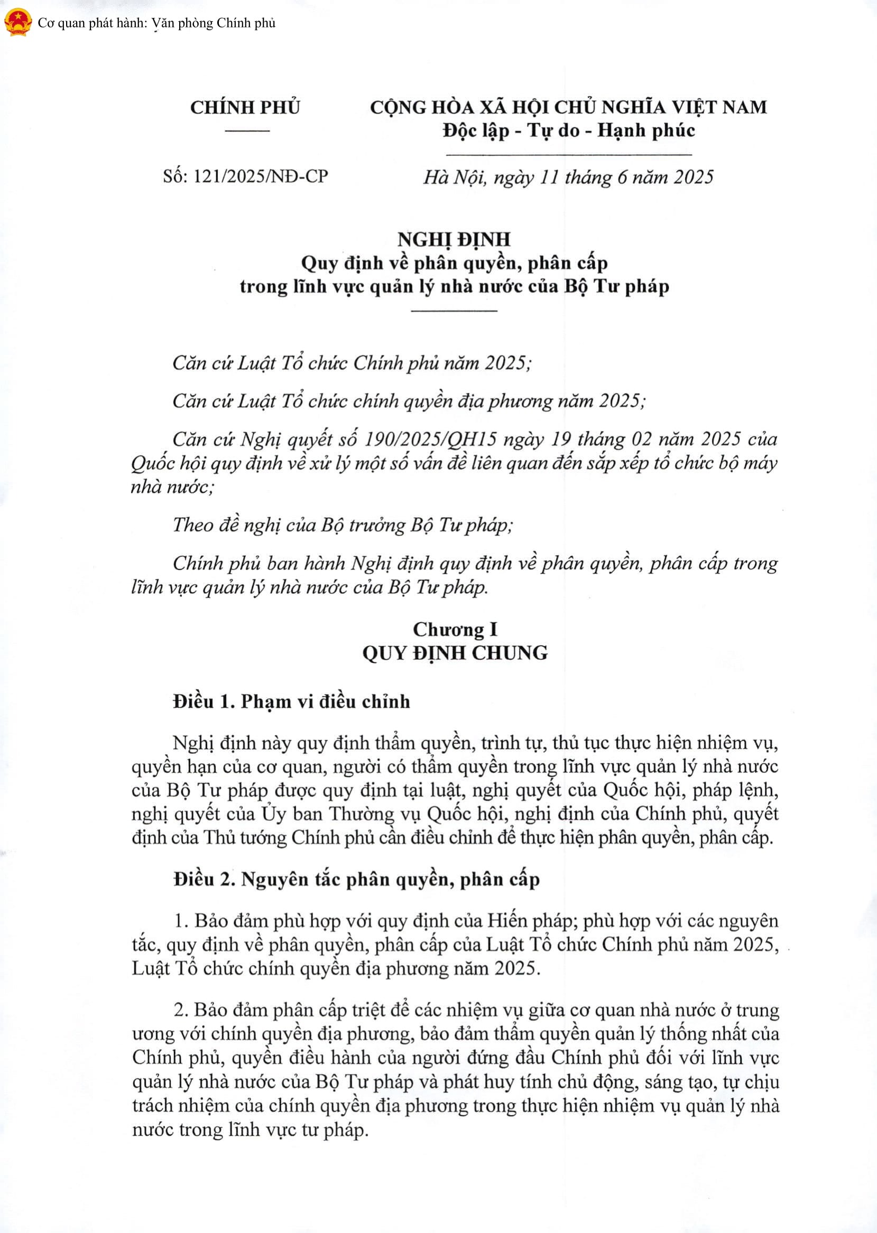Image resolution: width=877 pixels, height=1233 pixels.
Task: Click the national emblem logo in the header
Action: [18, 23]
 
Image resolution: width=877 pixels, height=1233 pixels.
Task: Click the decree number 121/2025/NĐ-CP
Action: [260, 176]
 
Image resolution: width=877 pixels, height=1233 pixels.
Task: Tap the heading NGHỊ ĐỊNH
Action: [454, 239]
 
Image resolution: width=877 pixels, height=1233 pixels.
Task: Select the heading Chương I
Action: [455, 629]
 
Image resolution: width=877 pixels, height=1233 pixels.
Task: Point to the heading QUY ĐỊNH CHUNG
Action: [455, 653]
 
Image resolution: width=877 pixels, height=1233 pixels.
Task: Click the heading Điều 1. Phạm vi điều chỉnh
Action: [291, 702]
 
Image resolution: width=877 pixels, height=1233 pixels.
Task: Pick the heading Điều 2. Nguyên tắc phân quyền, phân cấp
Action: [356, 880]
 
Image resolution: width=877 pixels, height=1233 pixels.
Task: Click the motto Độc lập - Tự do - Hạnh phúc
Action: [569, 130]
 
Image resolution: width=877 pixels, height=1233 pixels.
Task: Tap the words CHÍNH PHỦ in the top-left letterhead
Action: [245, 107]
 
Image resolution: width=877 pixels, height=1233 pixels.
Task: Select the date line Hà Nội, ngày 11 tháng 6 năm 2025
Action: [568, 177]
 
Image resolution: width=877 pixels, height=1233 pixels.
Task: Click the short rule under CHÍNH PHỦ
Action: [247, 130]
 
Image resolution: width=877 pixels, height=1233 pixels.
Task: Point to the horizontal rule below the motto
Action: [569, 155]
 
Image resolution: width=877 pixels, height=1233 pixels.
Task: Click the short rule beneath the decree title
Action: [454, 311]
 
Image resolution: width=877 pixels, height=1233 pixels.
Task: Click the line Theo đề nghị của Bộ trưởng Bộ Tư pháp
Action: [343, 525]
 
